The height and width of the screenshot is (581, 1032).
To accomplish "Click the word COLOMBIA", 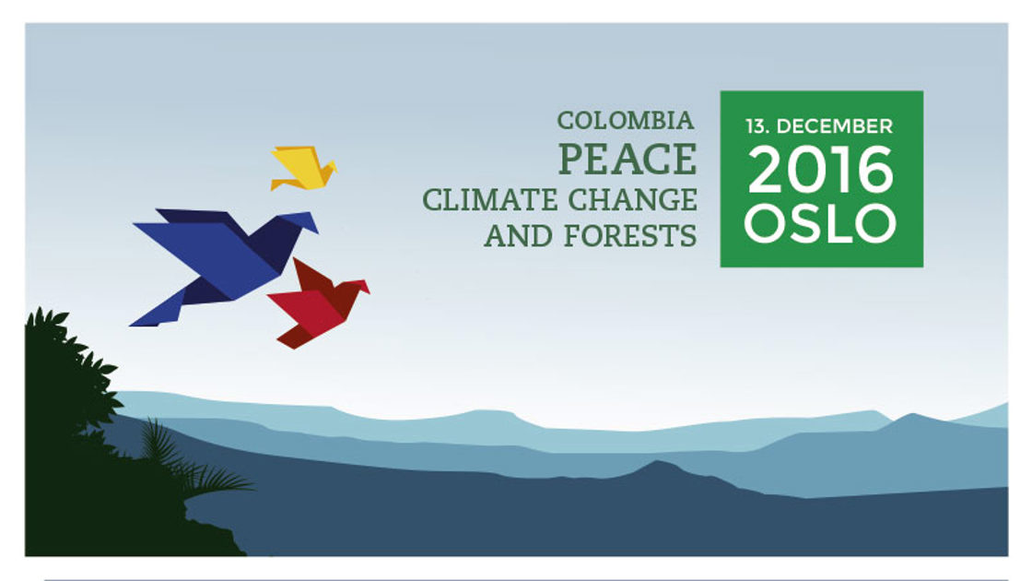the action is [x=626, y=121].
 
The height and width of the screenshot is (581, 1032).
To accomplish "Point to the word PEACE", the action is [x=627, y=160].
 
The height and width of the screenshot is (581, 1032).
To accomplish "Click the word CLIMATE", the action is [x=489, y=200].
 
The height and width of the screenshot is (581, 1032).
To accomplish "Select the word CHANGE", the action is [x=632, y=200].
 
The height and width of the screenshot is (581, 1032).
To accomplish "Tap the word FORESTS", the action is [x=630, y=236].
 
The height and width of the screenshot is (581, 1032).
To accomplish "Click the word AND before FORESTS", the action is [x=517, y=236].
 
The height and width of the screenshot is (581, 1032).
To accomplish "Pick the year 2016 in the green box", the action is [x=821, y=170].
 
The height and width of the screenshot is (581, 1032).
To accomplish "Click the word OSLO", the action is [x=821, y=222].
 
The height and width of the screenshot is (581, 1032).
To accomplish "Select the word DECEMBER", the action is [x=835, y=125].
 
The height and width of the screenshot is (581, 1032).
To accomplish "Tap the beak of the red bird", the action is [x=365, y=287].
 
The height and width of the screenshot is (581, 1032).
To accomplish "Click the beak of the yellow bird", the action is [x=333, y=167].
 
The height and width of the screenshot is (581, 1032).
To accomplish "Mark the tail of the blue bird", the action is [x=158, y=310].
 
